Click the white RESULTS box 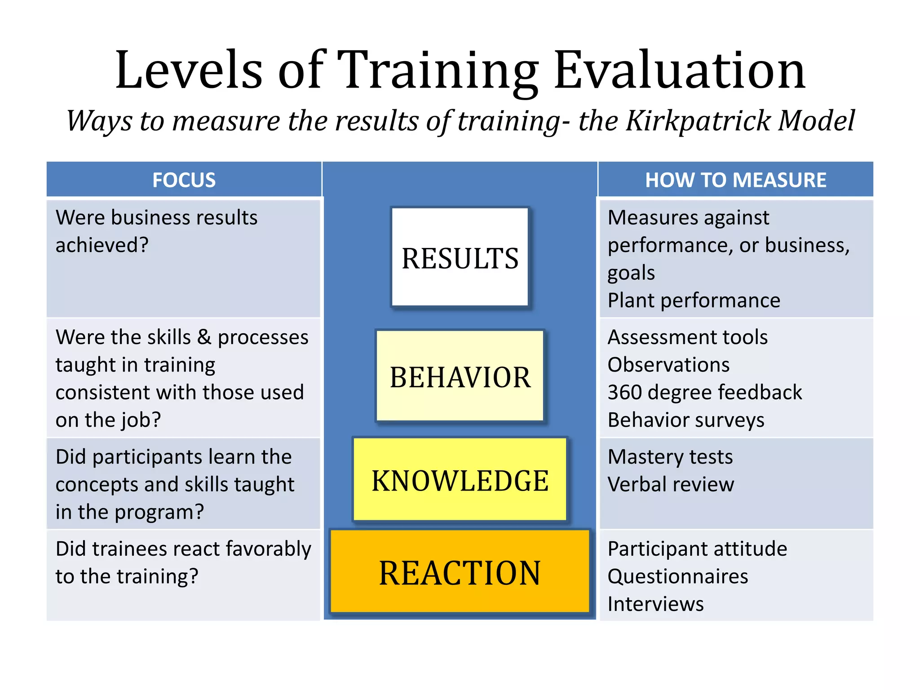[x=460, y=257]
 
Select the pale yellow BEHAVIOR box [x=460, y=376]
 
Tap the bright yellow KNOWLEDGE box [x=460, y=480]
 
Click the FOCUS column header [x=184, y=180]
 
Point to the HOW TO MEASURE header [x=735, y=180]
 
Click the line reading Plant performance [x=694, y=300]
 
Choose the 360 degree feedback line [x=704, y=392]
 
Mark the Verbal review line [x=671, y=484]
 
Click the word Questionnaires [x=677, y=576]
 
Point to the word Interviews [x=655, y=604]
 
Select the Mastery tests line [x=670, y=457]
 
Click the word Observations [x=668, y=364]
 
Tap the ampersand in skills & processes [x=204, y=337]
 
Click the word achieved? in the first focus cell [x=102, y=245]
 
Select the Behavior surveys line [x=686, y=420]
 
